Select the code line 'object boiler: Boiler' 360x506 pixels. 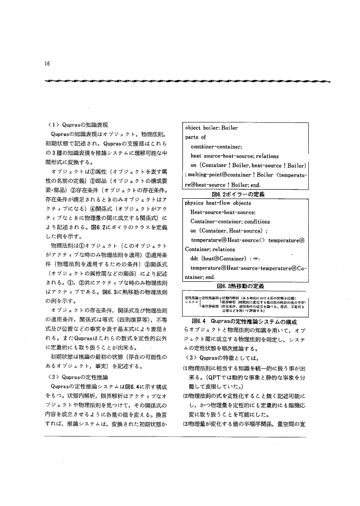pyautogui.click(x=211, y=128)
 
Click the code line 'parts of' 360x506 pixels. pyautogui.click(x=195, y=137)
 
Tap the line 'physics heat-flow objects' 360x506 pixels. pyautogui.click(x=219, y=203)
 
